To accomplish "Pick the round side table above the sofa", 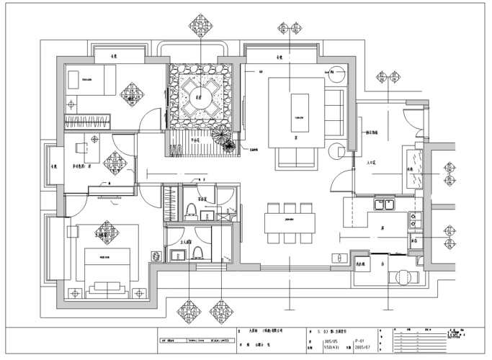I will [x=335, y=73].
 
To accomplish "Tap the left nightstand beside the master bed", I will [x=73, y=292].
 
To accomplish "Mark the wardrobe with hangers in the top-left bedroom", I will [x=88, y=121].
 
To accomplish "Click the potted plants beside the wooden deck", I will [x=225, y=140].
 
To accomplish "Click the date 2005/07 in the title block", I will [x=362, y=348].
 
